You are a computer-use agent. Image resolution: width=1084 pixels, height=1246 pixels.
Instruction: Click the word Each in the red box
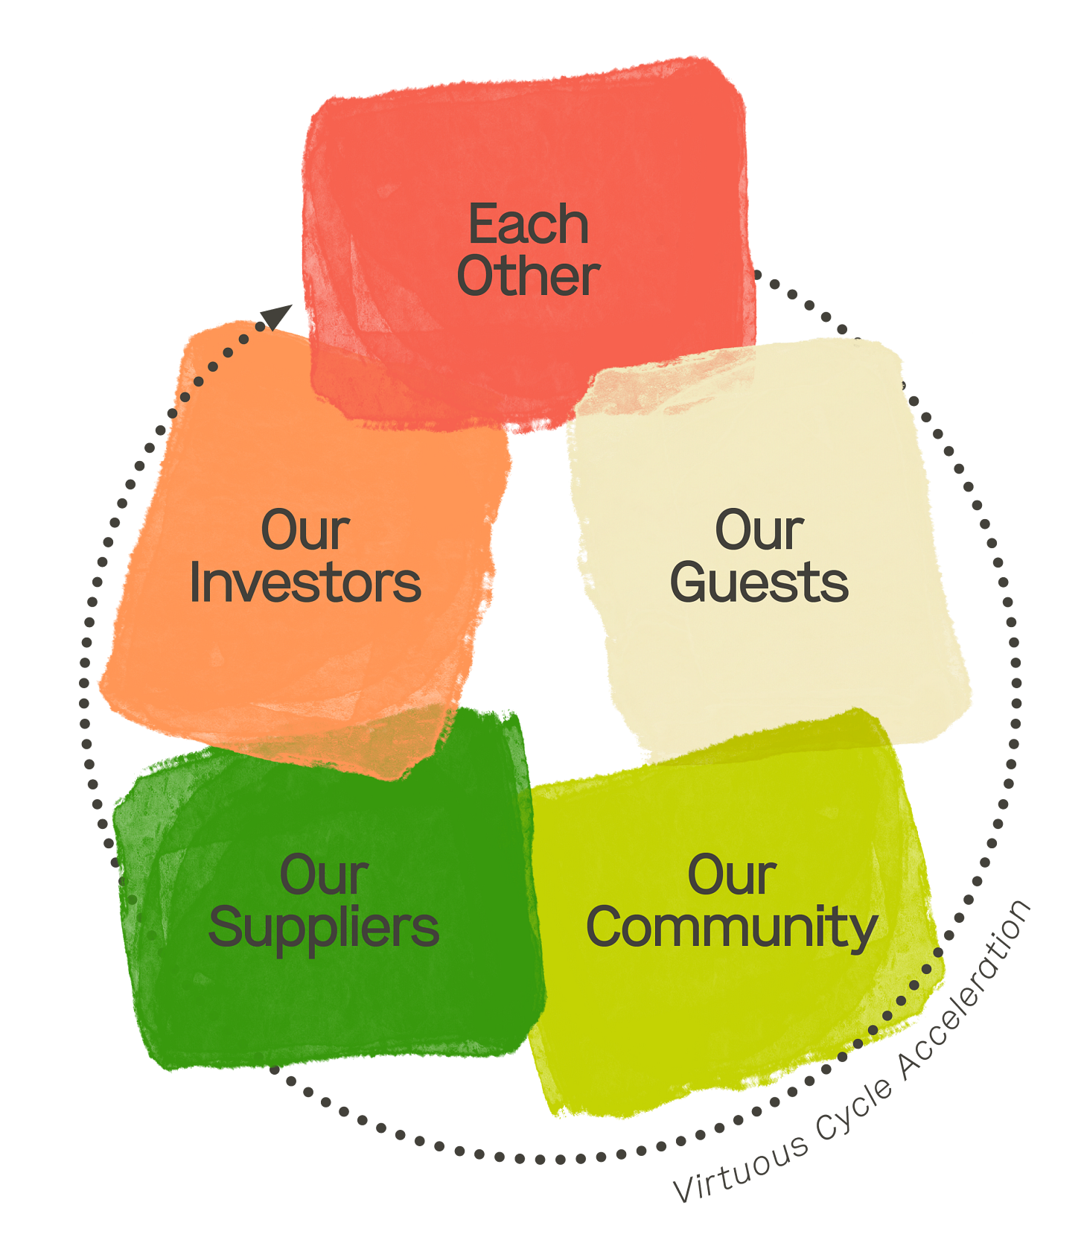click(528, 224)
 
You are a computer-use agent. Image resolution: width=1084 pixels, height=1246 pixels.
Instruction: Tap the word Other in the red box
click(528, 276)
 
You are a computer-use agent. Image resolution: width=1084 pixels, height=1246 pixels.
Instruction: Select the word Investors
click(305, 583)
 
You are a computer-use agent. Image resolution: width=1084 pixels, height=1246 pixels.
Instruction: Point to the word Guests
click(759, 583)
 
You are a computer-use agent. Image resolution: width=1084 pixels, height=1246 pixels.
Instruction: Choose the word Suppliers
click(324, 929)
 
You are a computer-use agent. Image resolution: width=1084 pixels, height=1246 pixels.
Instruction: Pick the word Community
click(732, 929)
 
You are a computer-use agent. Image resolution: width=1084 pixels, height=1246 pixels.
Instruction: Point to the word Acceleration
click(968, 983)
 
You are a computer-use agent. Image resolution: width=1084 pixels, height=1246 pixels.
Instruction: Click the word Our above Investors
click(305, 530)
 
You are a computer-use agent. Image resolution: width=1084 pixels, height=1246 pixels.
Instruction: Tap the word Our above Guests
click(759, 530)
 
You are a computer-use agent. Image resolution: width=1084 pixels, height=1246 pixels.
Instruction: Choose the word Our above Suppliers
click(324, 875)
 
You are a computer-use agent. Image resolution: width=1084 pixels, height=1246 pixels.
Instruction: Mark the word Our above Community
click(732, 875)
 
